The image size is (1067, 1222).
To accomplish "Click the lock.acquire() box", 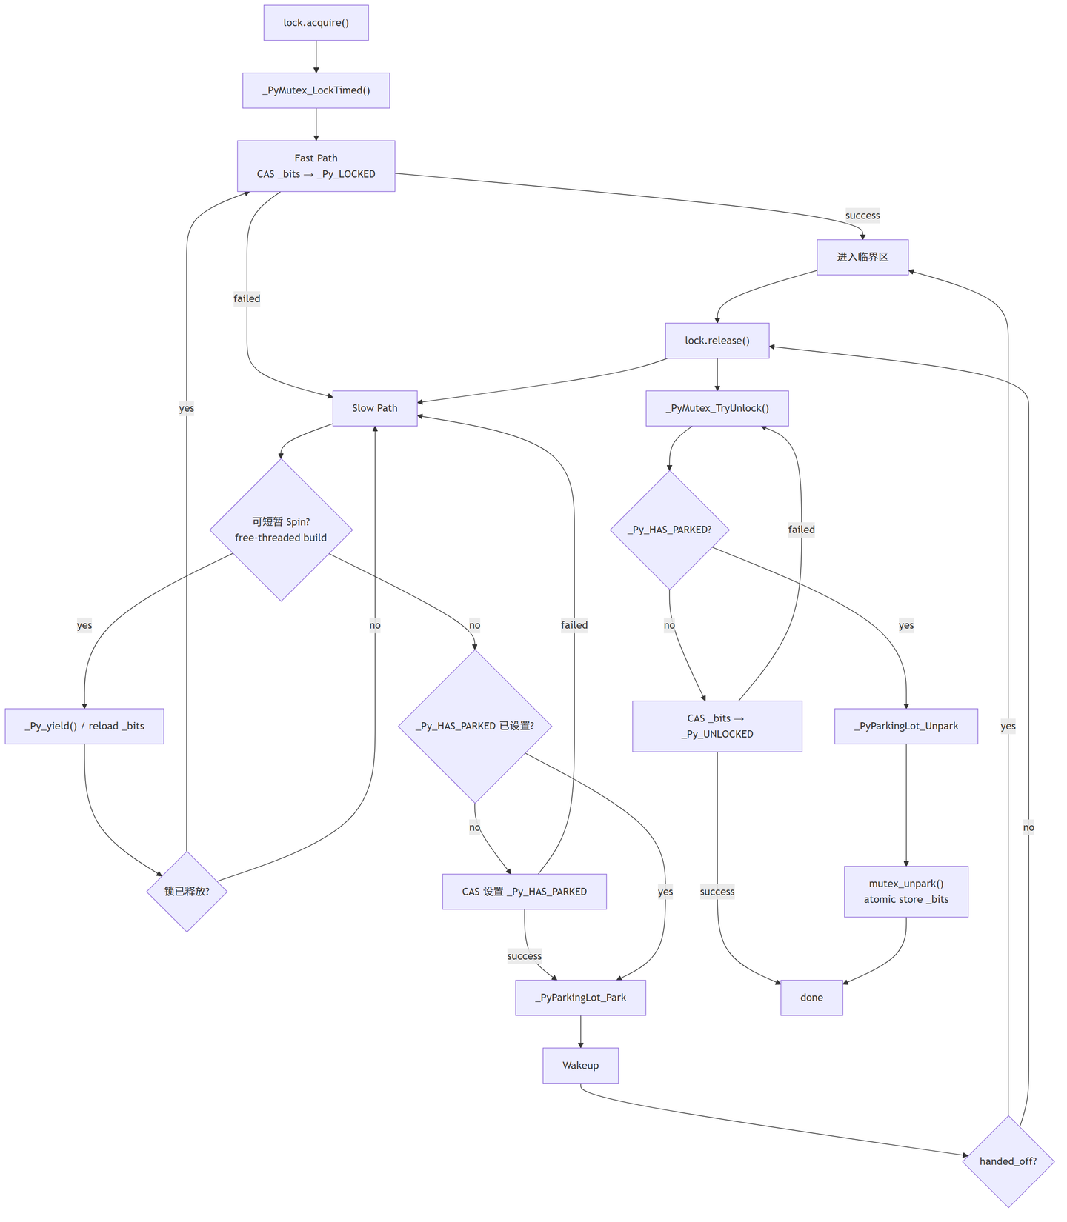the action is click(316, 23).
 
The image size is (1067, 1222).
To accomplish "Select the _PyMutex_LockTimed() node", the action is click(316, 90).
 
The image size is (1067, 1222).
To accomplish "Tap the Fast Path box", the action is click(316, 166).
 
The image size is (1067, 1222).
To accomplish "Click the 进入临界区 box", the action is click(862, 257).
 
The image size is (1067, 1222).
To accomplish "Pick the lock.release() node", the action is click(717, 341).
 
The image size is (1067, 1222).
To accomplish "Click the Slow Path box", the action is click(375, 408).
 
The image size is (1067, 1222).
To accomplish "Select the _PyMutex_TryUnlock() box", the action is click(717, 408).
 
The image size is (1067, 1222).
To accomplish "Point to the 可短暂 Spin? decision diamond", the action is click(281, 530).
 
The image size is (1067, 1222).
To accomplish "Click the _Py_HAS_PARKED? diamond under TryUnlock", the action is click(669, 530).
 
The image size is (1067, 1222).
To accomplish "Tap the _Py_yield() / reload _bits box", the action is click(84, 726).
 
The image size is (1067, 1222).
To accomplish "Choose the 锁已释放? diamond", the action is click(187, 891).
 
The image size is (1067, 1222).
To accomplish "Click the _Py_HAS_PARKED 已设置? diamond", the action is click(475, 726).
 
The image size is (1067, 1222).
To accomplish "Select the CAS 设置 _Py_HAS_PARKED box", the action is click(525, 892).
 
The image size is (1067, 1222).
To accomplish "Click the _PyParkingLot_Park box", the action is click(581, 998).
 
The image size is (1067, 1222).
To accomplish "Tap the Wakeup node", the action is click(581, 1065).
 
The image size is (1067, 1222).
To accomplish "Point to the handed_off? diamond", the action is click(1008, 1161).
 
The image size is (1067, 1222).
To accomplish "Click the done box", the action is click(811, 998).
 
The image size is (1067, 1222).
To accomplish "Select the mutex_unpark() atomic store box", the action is click(906, 892).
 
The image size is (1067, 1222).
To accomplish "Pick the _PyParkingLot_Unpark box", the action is click(906, 726).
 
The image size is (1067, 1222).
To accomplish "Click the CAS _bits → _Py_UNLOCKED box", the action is click(717, 726).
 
